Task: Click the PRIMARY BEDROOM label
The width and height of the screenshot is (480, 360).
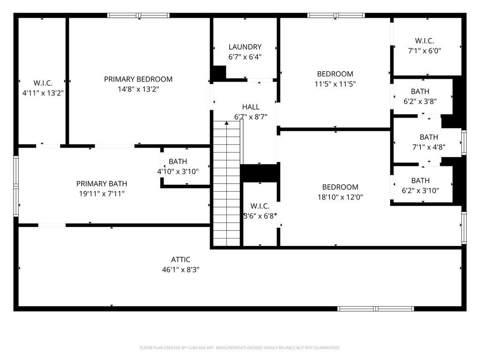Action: pyautogui.click(x=138, y=79)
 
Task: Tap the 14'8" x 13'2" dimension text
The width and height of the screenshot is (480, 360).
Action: pyautogui.click(x=138, y=89)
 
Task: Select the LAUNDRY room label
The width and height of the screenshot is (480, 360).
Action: pyautogui.click(x=245, y=47)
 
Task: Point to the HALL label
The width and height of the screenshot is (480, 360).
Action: pyautogui.click(x=251, y=107)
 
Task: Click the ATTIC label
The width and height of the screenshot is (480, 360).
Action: pyautogui.click(x=180, y=260)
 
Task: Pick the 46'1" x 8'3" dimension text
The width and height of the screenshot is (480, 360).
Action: pyautogui.click(x=180, y=270)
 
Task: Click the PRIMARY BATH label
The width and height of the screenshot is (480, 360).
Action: pyautogui.click(x=102, y=184)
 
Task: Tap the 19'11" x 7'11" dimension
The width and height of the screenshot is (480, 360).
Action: pyautogui.click(x=102, y=194)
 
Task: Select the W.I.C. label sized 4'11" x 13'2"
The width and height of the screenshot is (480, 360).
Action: pyautogui.click(x=43, y=83)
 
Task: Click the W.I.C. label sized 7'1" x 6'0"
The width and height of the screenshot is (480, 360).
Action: pyautogui.click(x=424, y=41)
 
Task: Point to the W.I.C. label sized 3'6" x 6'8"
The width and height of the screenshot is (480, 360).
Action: pyautogui.click(x=260, y=206)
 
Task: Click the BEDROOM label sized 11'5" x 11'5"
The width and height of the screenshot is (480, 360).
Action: pyautogui.click(x=335, y=74)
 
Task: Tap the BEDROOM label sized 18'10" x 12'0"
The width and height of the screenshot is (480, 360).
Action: pyautogui.click(x=340, y=187)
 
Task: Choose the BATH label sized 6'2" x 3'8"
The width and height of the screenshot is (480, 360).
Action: pyautogui.click(x=420, y=91)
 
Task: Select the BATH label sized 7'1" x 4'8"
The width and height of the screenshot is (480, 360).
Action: pyautogui.click(x=428, y=137)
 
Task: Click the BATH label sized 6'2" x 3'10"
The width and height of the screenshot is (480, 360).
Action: pyautogui.click(x=420, y=180)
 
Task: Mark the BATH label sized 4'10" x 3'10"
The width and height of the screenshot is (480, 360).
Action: pyautogui.click(x=178, y=162)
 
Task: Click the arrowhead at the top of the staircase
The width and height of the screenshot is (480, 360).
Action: pyautogui.click(x=226, y=123)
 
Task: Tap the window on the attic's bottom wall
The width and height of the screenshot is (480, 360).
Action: pyautogui.click(x=376, y=308)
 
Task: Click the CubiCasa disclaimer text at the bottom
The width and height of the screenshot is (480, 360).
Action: pyautogui.click(x=240, y=348)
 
